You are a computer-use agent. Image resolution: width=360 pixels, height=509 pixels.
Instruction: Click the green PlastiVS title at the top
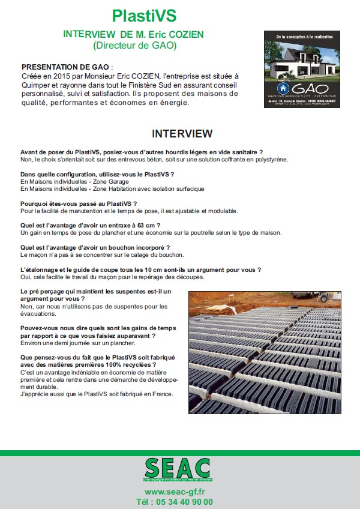[x=144, y=16]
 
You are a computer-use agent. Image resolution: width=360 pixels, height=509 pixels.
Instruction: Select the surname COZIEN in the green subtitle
[x=182, y=35]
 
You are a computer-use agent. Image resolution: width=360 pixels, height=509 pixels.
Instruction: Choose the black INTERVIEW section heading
[x=182, y=133]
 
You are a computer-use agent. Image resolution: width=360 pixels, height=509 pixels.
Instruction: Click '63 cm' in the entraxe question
[x=147, y=225]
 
